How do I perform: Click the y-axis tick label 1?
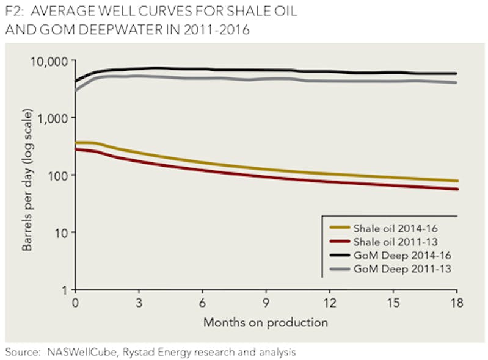(x=65, y=289)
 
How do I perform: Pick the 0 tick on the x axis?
(x=75, y=303)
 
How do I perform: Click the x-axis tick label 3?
(x=139, y=303)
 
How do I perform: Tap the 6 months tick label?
(x=202, y=303)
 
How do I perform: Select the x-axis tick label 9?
(x=266, y=303)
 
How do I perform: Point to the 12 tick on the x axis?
(x=329, y=303)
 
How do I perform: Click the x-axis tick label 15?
(x=393, y=303)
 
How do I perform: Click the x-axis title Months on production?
(x=266, y=322)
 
